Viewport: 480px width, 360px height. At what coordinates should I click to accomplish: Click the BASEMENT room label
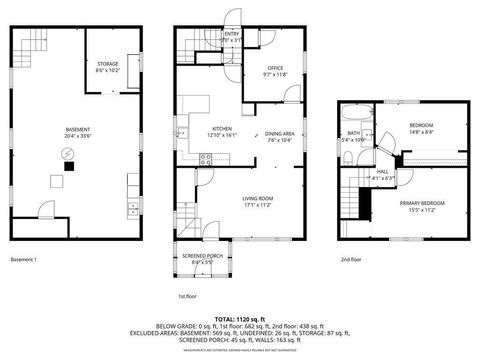77,130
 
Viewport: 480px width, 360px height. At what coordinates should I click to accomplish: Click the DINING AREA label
279,134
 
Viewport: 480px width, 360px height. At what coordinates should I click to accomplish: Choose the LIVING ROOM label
258,198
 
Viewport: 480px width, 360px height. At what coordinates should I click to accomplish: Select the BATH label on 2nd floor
354,133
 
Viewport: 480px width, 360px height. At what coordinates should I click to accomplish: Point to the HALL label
382,171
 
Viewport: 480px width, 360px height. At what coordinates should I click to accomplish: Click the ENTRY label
232,34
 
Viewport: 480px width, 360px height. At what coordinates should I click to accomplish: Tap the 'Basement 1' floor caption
23,260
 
